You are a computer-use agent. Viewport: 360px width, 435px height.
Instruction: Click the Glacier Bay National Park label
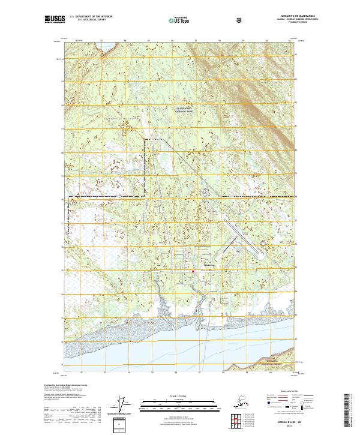click(181, 110)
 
